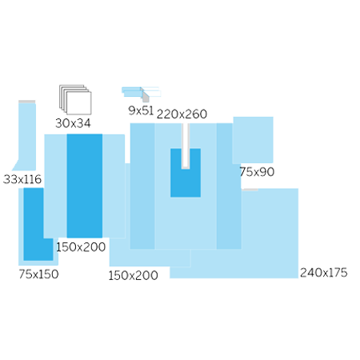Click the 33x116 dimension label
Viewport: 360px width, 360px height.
(22, 179)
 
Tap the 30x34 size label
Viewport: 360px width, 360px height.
(73, 123)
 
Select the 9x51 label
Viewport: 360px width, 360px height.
(141, 110)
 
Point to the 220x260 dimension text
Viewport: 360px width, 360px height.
(182, 114)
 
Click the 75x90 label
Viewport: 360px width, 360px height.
(257, 172)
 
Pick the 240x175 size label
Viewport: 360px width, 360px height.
(324, 273)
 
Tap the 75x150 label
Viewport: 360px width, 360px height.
(38, 274)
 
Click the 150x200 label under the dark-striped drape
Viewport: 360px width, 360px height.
(81, 247)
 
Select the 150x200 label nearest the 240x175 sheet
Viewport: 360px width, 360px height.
(133, 275)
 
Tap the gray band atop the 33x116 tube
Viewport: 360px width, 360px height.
(27, 102)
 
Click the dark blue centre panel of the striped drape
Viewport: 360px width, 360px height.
(85, 186)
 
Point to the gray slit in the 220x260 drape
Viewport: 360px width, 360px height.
(186, 146)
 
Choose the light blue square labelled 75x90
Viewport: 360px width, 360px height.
(253, 140)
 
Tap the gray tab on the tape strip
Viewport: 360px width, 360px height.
(146, 98)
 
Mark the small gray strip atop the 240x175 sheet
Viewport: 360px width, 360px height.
(250, 190)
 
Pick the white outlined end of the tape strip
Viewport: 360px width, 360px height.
(151, 91)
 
